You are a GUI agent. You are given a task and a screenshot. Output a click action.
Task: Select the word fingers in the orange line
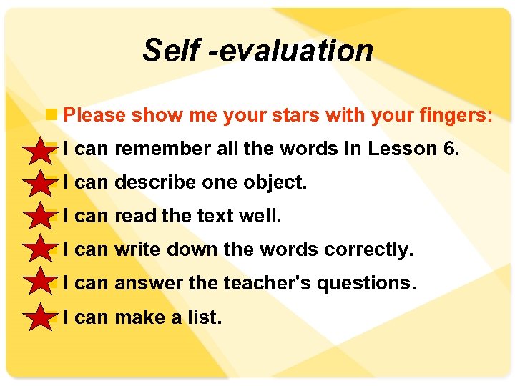click(x=453, y=115)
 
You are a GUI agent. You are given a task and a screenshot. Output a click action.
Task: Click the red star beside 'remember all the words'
click(x=38, y=152)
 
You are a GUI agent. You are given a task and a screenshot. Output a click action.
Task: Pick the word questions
click(x=365, y=284)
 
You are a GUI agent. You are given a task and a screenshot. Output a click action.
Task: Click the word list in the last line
click(x=205, y=317)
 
